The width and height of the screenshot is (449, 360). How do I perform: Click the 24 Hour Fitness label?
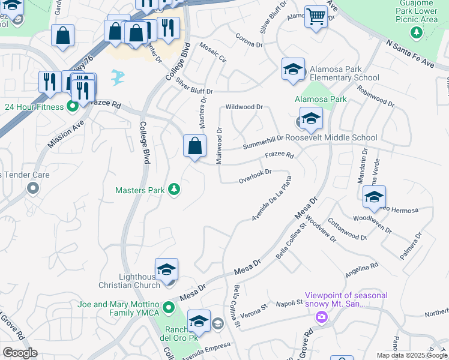click(33, 107)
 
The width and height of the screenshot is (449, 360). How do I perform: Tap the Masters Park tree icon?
click(174, 190)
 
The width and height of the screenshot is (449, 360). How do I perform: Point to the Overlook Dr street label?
click(255, 176)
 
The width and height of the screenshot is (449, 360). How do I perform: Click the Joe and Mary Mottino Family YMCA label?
click(118, 308)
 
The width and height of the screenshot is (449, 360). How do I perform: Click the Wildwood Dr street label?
click(244, 107)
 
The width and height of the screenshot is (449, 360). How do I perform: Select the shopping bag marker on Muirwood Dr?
click(194, 146)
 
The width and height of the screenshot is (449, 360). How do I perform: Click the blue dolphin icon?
click(118, 76)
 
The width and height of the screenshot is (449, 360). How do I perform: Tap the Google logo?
click(20, 353)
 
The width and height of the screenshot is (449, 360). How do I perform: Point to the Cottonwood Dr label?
click(348, 230)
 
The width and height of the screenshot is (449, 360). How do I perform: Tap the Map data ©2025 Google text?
click(411, 355)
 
